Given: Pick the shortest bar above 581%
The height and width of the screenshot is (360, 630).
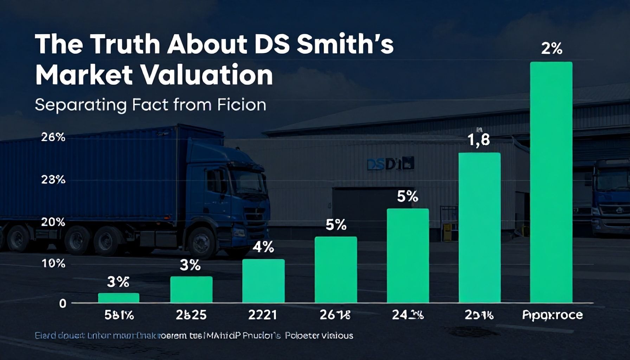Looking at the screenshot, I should [x=118, y=297].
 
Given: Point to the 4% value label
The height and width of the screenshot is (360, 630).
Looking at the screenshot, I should [x=263, y=247].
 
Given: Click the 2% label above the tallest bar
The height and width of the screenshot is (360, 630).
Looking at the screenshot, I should [x=552, y=49].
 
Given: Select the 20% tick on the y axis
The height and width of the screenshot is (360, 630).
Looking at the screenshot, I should [x=53, y=222].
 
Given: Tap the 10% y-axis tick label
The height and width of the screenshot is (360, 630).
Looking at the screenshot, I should [x=53, y=263].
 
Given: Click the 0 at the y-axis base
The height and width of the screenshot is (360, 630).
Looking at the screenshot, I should [x=63, y=303].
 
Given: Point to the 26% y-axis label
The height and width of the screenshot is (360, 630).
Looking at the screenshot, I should [x=53, y=137].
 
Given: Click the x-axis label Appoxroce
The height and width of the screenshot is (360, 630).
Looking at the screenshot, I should [x=552, y=315].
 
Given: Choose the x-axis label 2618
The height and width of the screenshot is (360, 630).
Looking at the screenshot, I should [x=335, y=315].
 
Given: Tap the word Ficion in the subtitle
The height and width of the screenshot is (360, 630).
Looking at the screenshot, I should [x=242, y=105].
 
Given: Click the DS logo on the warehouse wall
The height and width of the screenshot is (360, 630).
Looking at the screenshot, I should [x=390, y=164].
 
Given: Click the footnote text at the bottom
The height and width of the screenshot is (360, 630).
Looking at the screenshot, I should [x=194, y=336].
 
